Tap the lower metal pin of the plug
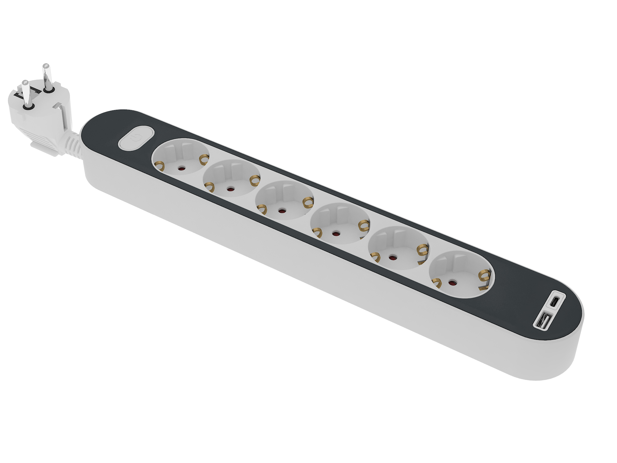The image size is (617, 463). pyautogui.click(x=26, y=94)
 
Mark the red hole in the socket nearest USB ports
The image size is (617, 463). pyautogui.click(x=452, y=283)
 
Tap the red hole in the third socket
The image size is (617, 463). pyautogui.click(x=281, y=211)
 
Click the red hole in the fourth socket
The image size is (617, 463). pyautogui.click(x=335, y=233)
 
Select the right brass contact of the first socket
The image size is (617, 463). pyautogui.click(x=204, y=160)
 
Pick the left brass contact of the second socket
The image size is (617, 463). pyautogui.click(x=209, y=187)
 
